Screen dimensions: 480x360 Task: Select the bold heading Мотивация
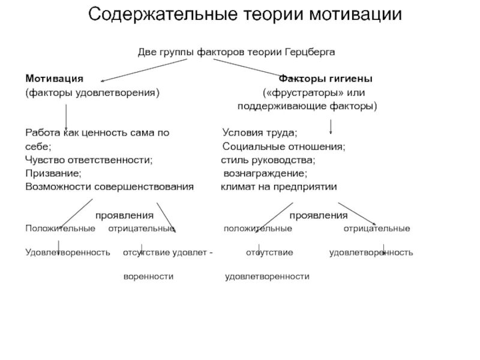(54, 79)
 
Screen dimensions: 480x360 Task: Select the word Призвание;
(53, 173)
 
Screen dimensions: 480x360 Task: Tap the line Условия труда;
(260, 133)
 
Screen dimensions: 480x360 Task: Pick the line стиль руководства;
(268, 160)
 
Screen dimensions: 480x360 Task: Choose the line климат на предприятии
(279, 187)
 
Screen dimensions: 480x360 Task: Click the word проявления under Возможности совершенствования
(125, 215)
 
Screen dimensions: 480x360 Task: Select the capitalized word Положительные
(59, 229)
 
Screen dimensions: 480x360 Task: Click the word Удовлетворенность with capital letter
(68, 253)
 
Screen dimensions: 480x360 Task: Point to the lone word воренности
(148, 277)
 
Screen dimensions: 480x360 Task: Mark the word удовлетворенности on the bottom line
(267, 277)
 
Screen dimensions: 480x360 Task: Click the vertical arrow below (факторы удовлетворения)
(65, 115)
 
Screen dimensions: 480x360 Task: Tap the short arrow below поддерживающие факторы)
(331, 127)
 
